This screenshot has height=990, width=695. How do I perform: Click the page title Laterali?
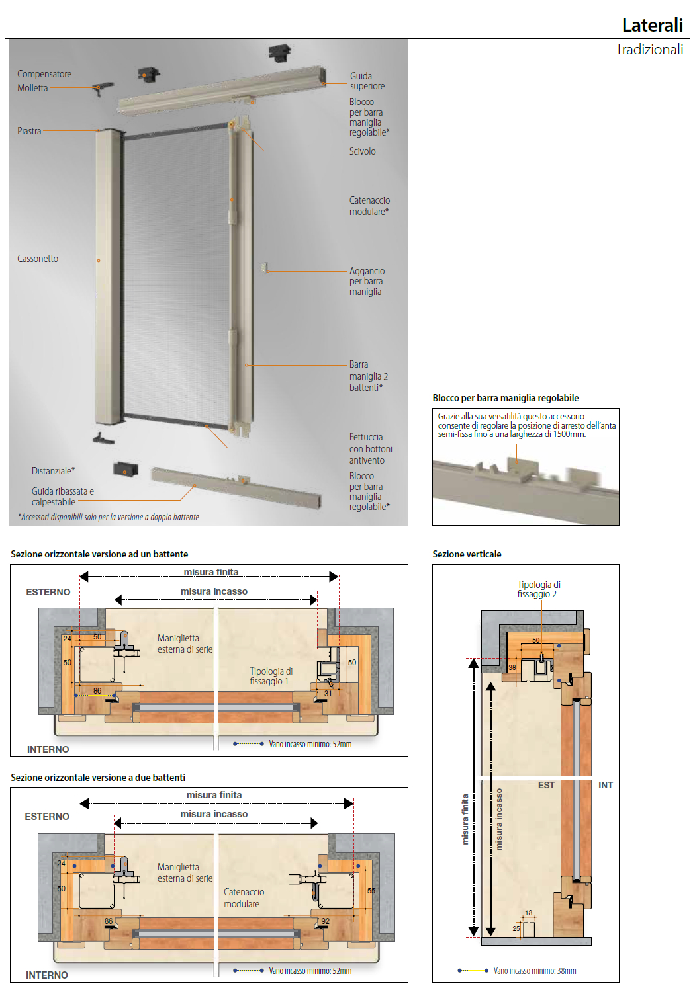click(652, 25)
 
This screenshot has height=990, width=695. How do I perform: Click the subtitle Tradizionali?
click(649, 50)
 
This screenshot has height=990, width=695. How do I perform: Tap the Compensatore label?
click(44, 74)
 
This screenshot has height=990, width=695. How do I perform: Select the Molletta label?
click(32, 88)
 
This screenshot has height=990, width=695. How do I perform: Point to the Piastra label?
click(29, 131)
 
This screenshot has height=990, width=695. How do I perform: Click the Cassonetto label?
click(38, 259)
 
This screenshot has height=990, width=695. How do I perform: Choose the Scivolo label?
click(362, 151)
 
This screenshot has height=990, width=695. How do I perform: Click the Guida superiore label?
click(367, 81)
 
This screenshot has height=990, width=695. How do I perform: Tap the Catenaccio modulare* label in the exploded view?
click(369, 206)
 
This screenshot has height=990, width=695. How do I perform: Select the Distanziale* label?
click(53, 471)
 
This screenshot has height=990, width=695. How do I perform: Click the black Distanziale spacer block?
click(125, 469)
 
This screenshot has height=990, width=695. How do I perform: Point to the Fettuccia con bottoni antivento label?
click(371, 448)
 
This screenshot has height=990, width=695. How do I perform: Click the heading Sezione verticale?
click(467, 554)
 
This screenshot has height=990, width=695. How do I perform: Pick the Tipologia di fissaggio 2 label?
click(538, 589)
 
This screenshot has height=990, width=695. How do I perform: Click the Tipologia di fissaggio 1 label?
click(271, 676)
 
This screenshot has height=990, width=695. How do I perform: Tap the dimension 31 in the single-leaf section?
click(328, 694)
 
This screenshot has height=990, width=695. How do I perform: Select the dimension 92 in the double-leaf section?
click(325, 921)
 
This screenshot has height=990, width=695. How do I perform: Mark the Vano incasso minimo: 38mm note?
click(534, 971)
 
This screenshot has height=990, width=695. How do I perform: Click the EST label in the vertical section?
click(546, 785)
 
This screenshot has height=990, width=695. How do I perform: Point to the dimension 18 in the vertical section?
click(528, 913)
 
